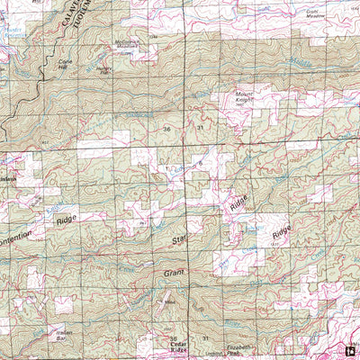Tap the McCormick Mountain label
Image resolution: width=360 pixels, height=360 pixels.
point(127,44)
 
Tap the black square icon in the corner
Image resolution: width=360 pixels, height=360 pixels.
point(351,351)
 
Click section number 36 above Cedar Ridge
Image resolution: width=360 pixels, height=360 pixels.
point(174,337)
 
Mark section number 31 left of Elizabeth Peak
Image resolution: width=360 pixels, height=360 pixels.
point(205,337)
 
